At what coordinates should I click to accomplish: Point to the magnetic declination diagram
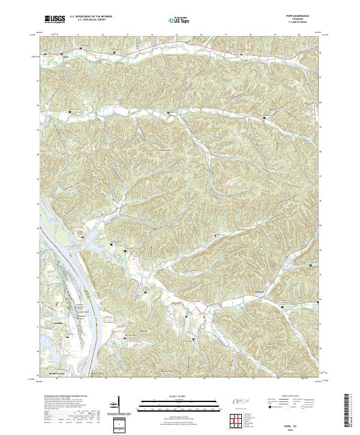point(118,405)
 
